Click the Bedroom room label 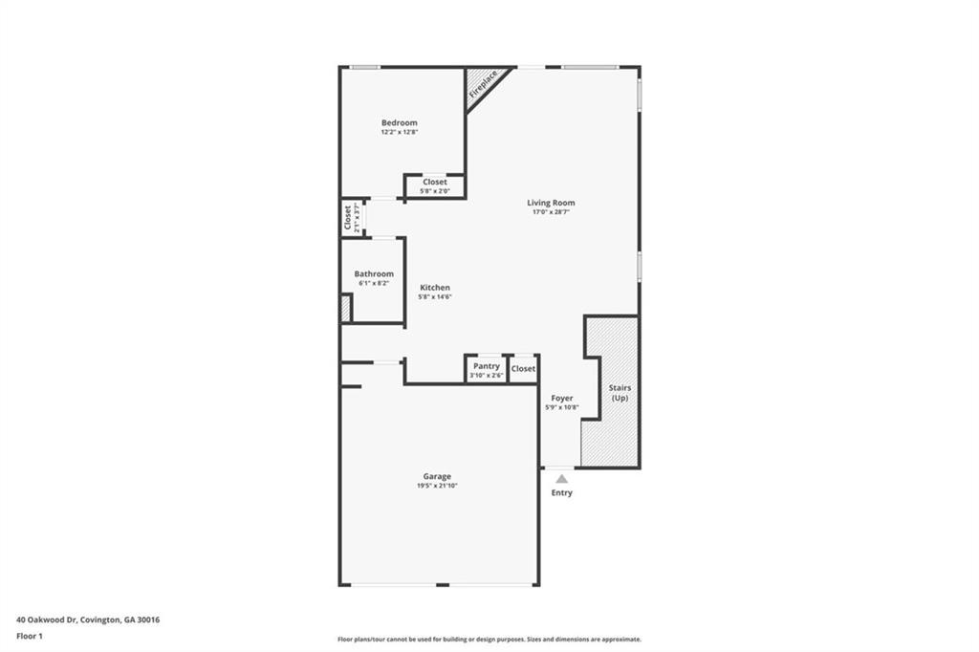[399, 122]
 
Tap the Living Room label [551, 203]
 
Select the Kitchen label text [434, 288]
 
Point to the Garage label [437, 476]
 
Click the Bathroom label [373, 273]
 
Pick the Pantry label [487, 366]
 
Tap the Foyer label [562, 398]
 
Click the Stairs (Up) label [620, 392]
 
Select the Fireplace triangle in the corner [481, 85]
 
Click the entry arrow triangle [562, 478]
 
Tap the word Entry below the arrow [562, 493]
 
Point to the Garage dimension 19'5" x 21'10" [437, 487]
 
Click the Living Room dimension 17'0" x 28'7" [551, 212]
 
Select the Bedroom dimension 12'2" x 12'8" [399, 132]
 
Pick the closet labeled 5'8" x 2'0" [434, 185]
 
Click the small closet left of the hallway [351, 218]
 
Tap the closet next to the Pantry [523, 368]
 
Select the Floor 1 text [30, 636]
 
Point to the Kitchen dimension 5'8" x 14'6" [434, 297]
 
